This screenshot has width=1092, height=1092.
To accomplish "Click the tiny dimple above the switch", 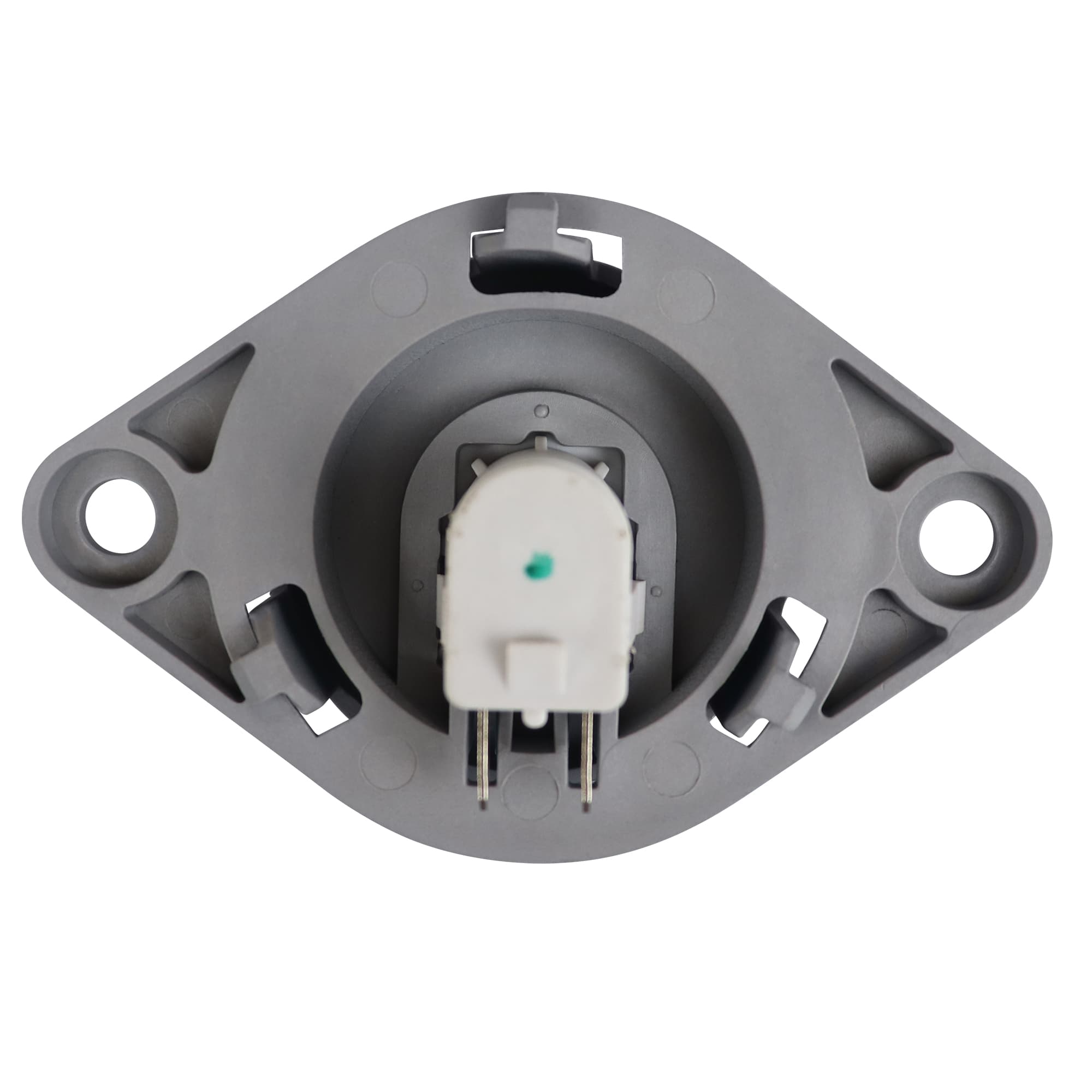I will point(543,409).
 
